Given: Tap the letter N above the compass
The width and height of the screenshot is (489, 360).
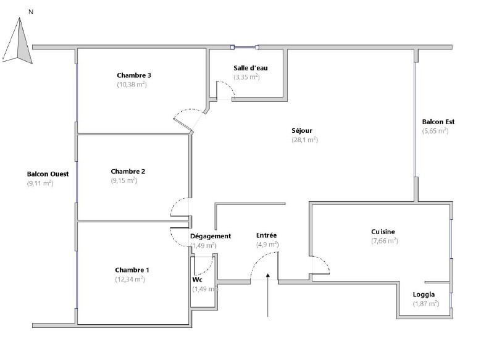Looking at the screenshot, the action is tap(31, 12).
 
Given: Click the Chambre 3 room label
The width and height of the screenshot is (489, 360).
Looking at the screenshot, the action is tap(134, 75).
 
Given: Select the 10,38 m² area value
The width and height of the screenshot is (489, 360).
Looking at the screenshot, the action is tap(132, 85).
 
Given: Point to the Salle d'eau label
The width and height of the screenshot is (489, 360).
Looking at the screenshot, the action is tap(251, 68).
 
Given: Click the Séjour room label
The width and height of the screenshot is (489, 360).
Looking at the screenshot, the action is tap(302, 131).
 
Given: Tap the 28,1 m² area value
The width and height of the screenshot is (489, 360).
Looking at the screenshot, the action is tap(304, 140).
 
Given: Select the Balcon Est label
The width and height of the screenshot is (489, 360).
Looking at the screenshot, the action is tap(438, 122).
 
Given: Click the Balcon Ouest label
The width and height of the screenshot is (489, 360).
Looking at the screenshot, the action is tap(48, 174).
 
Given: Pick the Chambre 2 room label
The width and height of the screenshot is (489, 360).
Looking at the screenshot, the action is tap(128, 171).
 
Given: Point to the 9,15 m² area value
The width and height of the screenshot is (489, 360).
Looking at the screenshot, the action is tap(124, 181).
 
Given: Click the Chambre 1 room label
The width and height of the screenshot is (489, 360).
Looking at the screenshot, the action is tap(132, 270).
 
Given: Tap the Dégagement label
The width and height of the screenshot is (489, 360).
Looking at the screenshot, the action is tap(211, 237).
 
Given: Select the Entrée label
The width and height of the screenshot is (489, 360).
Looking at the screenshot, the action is tap(266, 235).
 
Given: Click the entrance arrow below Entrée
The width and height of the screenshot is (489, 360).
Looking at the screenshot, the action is tap(267, 295).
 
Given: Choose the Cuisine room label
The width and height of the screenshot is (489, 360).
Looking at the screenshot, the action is tap(383, 232).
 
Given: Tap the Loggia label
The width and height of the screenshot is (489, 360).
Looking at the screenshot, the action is tap(424, 295).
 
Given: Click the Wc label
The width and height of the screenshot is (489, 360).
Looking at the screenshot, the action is tap(197, 280).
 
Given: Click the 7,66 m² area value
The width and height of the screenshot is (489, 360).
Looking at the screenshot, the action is tap(385, 241).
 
